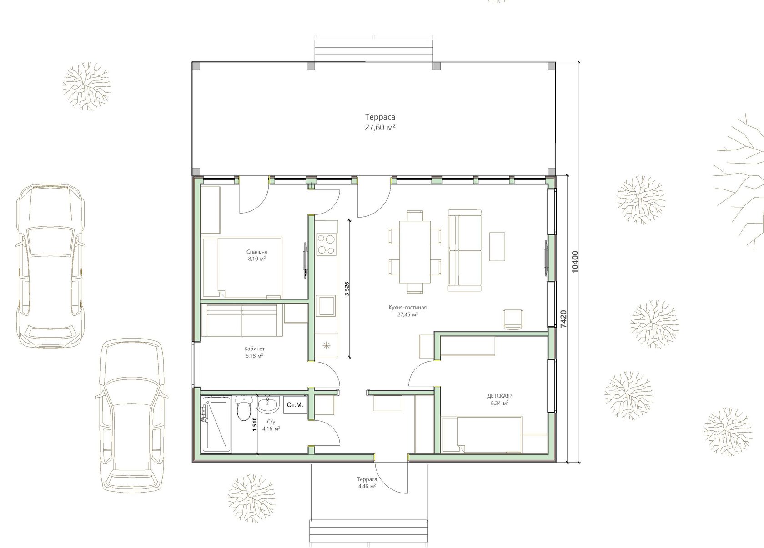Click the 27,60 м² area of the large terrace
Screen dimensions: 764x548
pos(380,127)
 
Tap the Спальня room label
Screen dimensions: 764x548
pos(257,252)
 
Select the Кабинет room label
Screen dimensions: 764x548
pos(254,349)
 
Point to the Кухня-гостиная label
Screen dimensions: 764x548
pos(407,307)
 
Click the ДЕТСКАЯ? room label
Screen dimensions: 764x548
pos(499,396)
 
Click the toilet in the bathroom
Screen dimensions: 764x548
pos(243,408)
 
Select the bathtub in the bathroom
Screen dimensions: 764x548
pos(216,424)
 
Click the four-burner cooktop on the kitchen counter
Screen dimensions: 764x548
pos(326,244)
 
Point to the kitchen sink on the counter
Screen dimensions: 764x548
pos(327,305)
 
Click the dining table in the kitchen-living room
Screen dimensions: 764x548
pos(415,252)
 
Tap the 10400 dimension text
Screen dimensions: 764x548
pos(575,262)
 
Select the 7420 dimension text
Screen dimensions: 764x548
pos(564,319)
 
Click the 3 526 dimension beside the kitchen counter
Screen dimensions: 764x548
pos(347,288)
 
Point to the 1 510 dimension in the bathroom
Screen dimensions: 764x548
pos(255,424)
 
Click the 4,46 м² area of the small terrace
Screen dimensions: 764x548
pos(367,486)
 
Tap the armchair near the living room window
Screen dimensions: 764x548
pos(513,319)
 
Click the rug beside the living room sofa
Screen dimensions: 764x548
pos(498,247)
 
